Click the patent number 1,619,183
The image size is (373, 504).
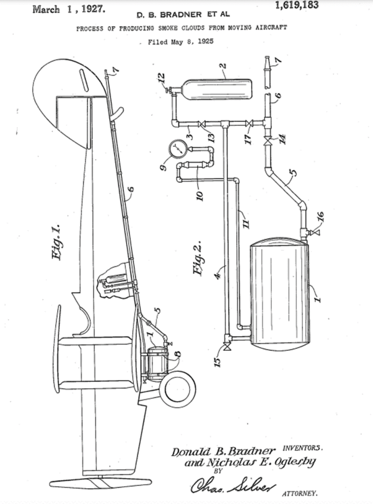[x=297, y=5]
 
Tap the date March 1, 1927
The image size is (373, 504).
[x=69, y=9]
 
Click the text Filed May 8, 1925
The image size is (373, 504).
[x=181, y=42]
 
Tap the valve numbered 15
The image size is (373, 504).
[x=227, y=346]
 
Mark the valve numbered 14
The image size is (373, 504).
[x=267, y=141]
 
